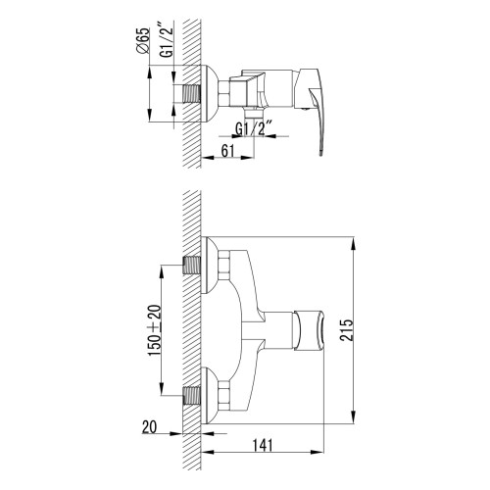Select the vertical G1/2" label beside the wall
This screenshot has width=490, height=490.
click(x=167, y=40)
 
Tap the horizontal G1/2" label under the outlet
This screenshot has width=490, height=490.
click(x=254, y=128)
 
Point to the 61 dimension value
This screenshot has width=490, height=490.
click(x=227, y=151)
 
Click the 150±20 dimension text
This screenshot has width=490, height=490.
click(x=155, y=330)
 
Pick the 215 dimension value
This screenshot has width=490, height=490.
click(x=347, y=330)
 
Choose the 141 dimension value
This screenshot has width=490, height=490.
click(x=263, y=445)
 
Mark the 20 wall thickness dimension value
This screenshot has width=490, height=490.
click(x=149, y=426)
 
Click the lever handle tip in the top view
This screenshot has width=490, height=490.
click(x=321, y=152)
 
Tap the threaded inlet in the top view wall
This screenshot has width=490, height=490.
click(x=191, y=94)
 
